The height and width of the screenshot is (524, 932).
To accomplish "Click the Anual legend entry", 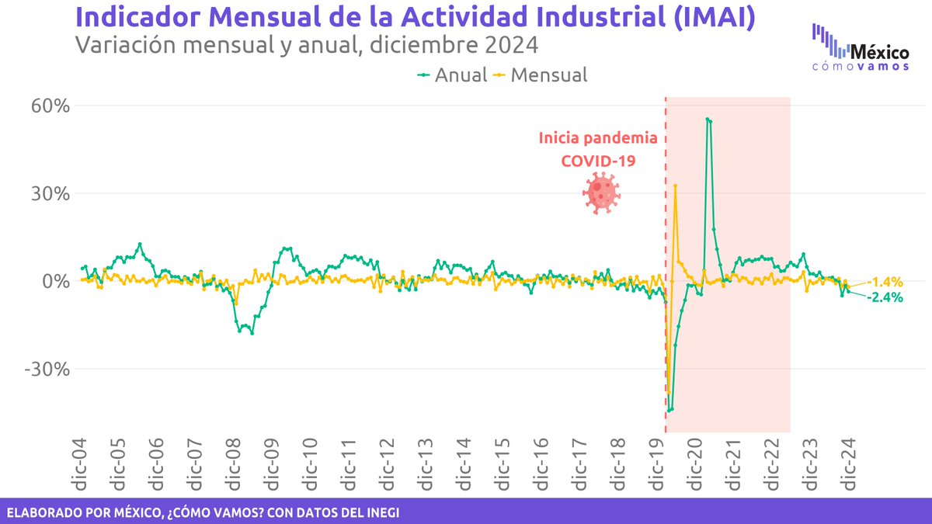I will (452, 75).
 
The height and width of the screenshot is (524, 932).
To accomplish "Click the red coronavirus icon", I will (599, 193).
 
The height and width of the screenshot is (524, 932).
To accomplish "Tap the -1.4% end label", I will (885, 282).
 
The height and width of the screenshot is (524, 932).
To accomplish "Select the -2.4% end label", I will (885, 297).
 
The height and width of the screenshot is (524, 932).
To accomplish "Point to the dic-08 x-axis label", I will (233, 467).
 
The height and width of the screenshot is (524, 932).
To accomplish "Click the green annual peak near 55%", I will (708, 119).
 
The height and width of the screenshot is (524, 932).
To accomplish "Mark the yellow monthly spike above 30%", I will (675, 186).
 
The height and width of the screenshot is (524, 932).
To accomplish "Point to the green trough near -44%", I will (670, 409).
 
